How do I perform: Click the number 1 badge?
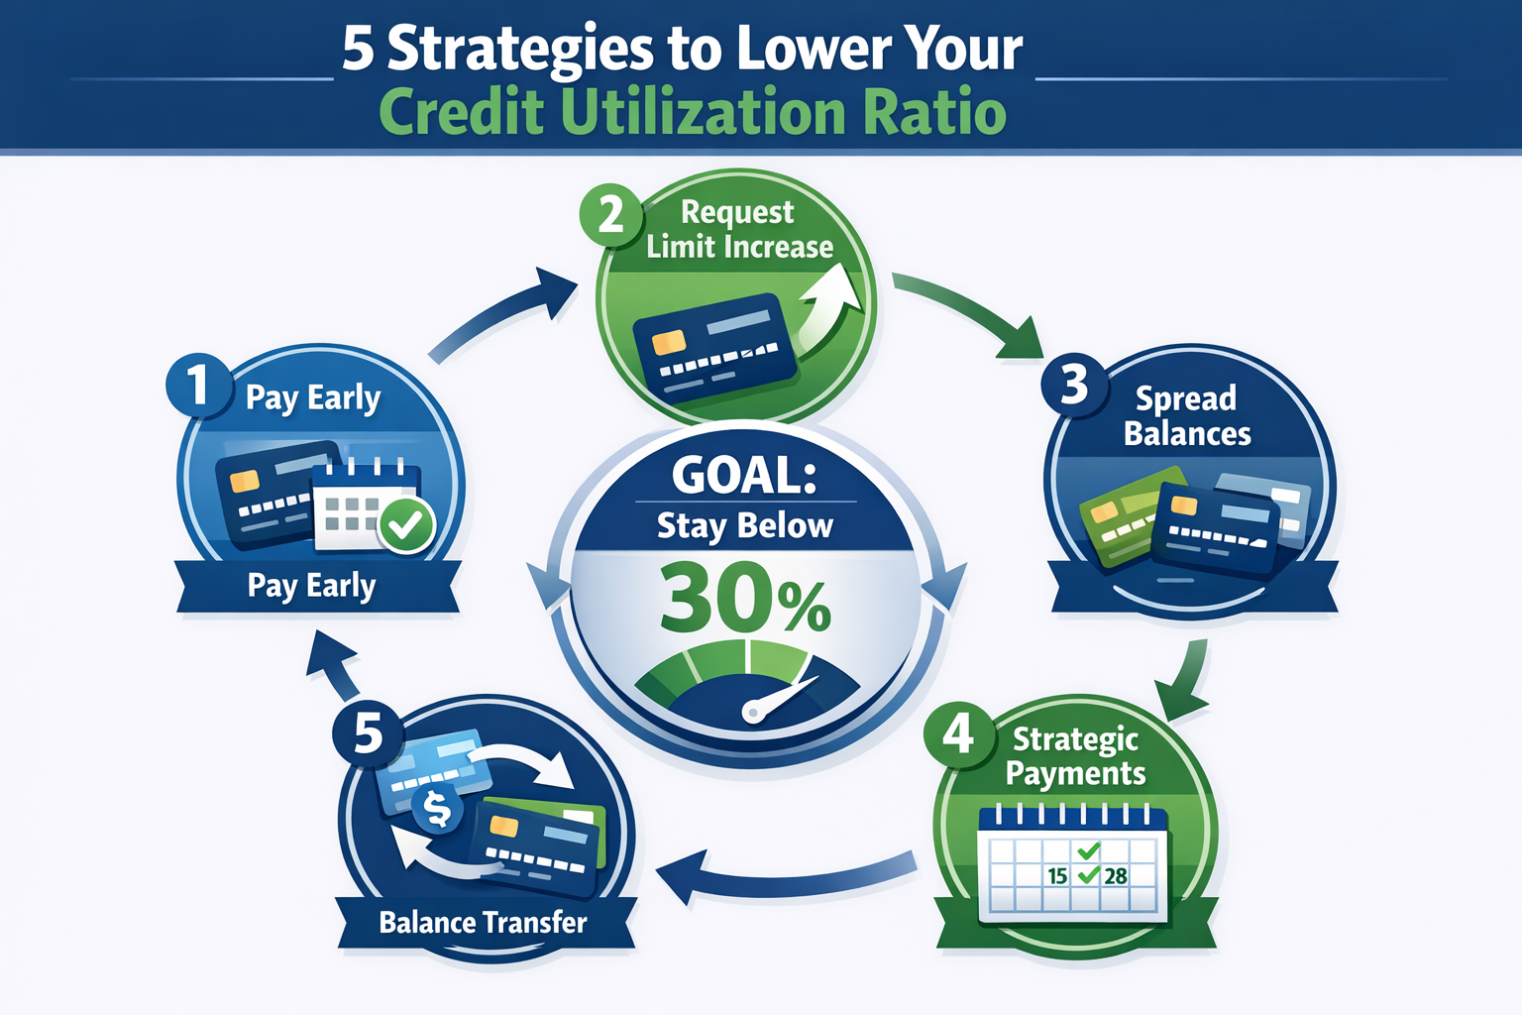pyautogui.click(x=199, y=385)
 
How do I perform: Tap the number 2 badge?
pyautogui.click(x=610, y=214)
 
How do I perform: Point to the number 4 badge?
pyautogui.click(x=958, y=734)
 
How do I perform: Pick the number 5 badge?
pyautogui.click(x=369, y=733)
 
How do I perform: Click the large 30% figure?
pyautogui.click(x=745, y=600)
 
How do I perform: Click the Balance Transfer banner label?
pyautogui.click(x=484, y=923)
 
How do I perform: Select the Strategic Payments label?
pyautogui.click(x=1076, y=756)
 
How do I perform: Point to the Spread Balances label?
pyautogui.click(x=1187, y=416)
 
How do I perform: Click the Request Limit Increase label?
pyautogui.click(x=739, y=230)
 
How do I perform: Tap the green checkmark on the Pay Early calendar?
pyautogui.click(x=406, y=525)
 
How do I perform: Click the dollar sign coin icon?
pyautogui.click(x=437, y=808)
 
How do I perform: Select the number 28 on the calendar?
pyautogui.click(x=1116, y=876)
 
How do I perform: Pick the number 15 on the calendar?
pyautogui.click(x=1057, y=876)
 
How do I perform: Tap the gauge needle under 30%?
pyautogui.click(x=783, y=698)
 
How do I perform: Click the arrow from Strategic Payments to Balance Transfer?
pyautogui.click(x=783, y=876)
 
